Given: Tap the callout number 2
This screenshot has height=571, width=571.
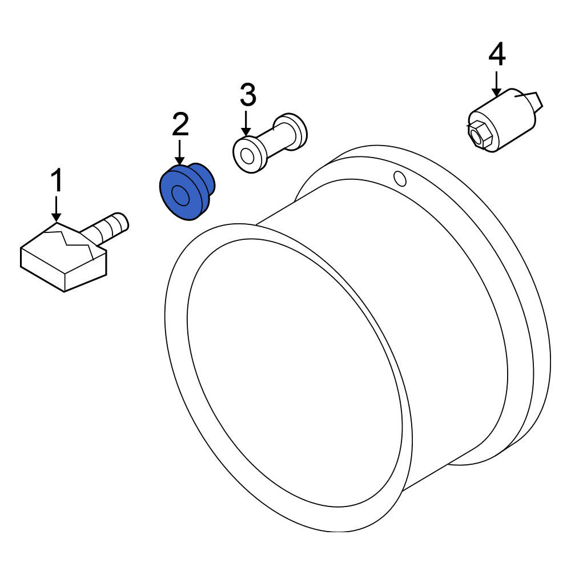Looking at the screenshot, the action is click(180, 124).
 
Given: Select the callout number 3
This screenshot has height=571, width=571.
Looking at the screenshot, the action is click(248, 95).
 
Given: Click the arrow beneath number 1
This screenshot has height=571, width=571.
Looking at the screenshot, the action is click(56, 208).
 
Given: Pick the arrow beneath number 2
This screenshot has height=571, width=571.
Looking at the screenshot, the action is click(179, 152).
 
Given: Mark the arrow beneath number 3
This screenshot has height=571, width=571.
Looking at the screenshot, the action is click(247, 124).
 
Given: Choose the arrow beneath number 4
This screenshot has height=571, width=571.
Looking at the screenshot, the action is click(496, 84).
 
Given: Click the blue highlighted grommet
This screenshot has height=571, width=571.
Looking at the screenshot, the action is click(187, 191).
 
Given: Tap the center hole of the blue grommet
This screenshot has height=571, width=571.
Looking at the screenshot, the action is click(180, 196).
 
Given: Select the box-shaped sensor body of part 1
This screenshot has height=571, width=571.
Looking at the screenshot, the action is click(64, 258).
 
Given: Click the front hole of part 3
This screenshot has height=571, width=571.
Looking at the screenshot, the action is click(248, 157).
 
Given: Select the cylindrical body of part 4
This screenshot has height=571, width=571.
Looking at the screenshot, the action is click(502, 120).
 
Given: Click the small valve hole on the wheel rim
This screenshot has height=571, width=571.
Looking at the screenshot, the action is click(400, 178).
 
